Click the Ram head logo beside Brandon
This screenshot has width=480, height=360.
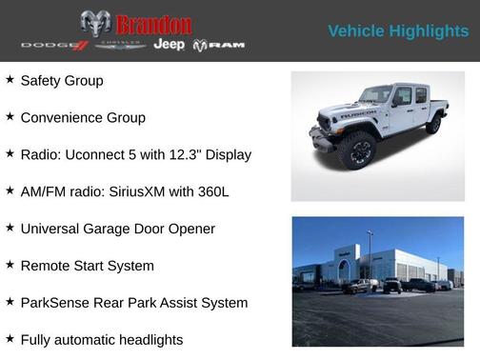coord(95,24)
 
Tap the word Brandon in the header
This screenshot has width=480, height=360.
coord(152,25)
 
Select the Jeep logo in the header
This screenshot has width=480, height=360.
coord(170,45)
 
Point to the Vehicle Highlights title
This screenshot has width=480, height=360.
coord(398,31)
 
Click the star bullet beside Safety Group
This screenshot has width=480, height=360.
coord(10,80)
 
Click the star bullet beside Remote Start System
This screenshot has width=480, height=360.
coord(10,265)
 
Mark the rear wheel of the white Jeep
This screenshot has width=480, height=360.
coord(434,124)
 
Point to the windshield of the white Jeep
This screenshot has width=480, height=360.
coord(374,95)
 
